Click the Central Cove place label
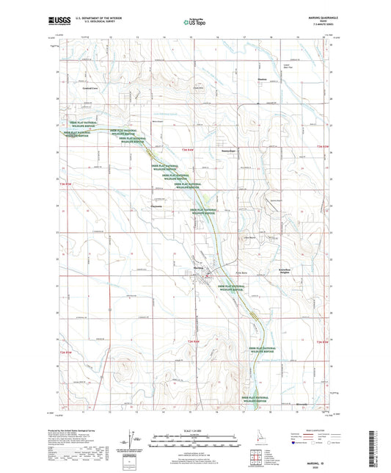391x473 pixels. pos(89,87)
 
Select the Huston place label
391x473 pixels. pos(263,81)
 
